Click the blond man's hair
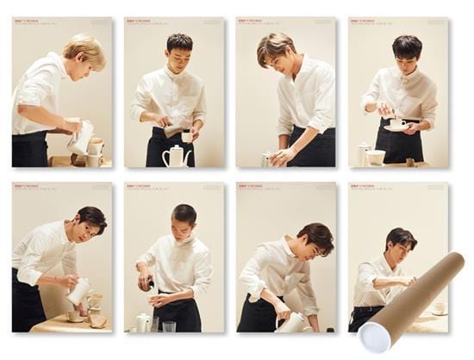point(85,49)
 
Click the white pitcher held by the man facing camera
point(78,290)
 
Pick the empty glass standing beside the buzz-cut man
point(167,326)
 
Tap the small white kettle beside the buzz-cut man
point(142,322)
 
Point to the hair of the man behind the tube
point(399,236)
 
